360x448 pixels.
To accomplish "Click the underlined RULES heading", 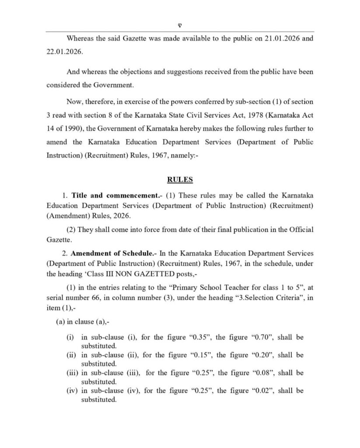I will (x=180, y=179).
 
